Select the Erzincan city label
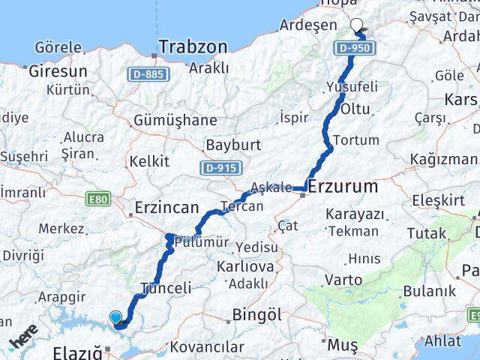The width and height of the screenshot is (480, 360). [x=166, y=207]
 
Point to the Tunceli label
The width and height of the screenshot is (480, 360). [x=166, y=287]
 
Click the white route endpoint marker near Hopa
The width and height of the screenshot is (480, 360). [x=357, y=25]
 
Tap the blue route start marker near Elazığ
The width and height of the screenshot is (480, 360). [x=115, y=317]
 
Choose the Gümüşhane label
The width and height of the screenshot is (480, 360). [x=175, y=120]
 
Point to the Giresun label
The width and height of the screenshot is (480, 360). [x=57, y=72]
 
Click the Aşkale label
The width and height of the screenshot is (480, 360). [x=271, y=187]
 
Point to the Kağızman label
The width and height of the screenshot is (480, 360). [x=442, y=159]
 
